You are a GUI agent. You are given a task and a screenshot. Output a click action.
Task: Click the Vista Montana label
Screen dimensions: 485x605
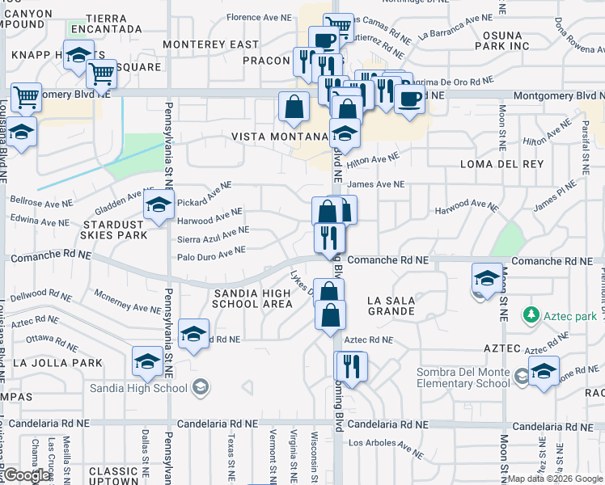tap(278, 137)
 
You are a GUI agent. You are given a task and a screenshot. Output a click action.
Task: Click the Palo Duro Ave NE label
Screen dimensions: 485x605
tap(211, 252)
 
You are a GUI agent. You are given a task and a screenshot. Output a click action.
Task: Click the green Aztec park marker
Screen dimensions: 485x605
tap(531, 314)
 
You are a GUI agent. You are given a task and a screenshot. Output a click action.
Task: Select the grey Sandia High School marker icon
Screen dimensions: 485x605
tap(201, 389)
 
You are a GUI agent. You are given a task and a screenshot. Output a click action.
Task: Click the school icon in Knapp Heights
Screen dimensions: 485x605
tap(78, 57)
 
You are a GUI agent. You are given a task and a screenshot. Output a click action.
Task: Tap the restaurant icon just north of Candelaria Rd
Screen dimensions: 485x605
tap(351, 367)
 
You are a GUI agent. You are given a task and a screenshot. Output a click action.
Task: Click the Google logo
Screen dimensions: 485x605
tap(26, 475)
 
